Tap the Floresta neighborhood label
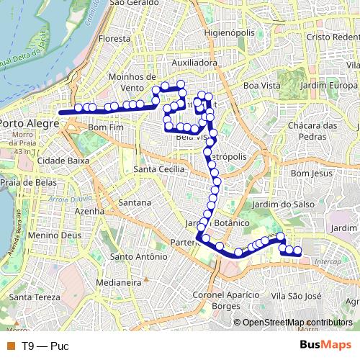pos(115,39)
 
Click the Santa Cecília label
pos(160,169)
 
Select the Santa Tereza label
pos(30,297)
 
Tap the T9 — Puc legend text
pos(45,346)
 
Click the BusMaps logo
pos(325,345)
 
